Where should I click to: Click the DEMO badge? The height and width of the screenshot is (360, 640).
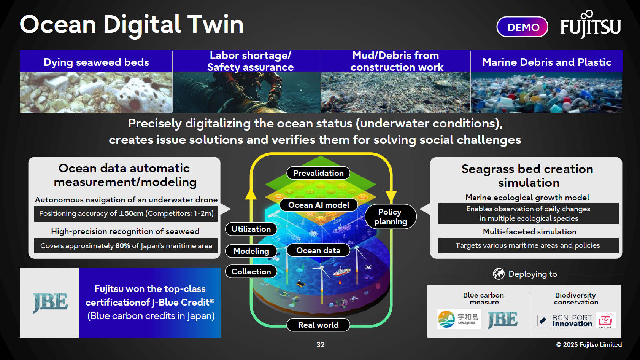pyautogui.click(x=522, y=27)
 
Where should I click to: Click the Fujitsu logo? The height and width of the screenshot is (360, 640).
pyautogui.click(x=591, y=25)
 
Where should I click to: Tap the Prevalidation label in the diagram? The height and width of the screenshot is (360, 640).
pyautogui.click(x=318, y=173)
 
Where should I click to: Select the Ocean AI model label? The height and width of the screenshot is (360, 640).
pyautogui.click(x=319, y=205)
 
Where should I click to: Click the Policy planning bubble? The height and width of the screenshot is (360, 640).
pyautogui.click(x=390, y=217)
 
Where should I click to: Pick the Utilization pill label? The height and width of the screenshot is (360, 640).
pyautogui.click(x=251, y=229)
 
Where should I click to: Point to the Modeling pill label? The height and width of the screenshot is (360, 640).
pyautogui.click(x=251, y=251)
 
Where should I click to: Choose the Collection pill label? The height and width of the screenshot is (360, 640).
pyautogui.click(x=251, y=272)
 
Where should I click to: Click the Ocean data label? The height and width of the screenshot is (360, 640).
pyautogui.click(x=318, y=250)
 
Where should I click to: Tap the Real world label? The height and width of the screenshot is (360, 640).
pyautogui.click(x=318, y=325)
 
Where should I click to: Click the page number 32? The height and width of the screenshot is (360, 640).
pyautogui.click(x=320, y=344)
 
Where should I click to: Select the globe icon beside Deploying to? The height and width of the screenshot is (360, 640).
pyautogui.click(x=499, y=274)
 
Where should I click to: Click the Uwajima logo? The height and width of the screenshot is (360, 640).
pyautogui.click(x=459, y=319)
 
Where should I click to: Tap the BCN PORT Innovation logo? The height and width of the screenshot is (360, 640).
pyautogui.click(x=565, y=320)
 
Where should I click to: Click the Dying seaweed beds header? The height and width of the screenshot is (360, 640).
pyautogui.click(x=96, y=62)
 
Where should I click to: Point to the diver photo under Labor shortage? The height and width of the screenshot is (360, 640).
pyautogui.click(x=246, y=92)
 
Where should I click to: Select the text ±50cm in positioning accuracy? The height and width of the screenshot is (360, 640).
pyautogui.click(x=131, y=213)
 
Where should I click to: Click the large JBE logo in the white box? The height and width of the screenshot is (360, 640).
pyautogui.click(x=50, y=303)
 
